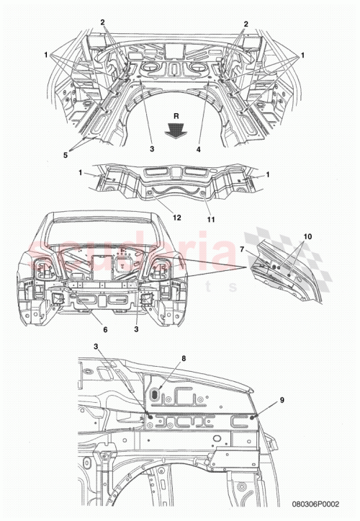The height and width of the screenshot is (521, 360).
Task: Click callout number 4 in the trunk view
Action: [x=198, y=149]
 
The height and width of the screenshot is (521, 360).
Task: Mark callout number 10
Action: [x=308, y=236]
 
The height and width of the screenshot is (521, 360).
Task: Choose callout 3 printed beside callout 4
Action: [x=151, y=149]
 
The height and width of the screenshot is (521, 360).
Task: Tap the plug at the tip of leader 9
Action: [x=253, y=417]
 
